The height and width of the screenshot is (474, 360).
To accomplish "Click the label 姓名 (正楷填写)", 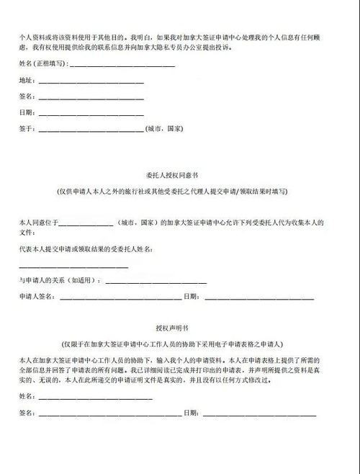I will (40, 64).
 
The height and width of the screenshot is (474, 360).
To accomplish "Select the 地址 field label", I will (25, 80).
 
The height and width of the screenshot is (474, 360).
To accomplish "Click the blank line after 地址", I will (90, 82).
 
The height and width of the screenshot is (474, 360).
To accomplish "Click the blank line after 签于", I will (90, 130).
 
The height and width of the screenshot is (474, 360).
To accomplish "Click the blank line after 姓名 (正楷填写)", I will (120, 66).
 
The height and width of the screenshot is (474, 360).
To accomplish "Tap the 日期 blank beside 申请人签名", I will (259, 298).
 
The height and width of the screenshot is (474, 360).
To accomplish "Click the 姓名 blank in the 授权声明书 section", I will (94, 398).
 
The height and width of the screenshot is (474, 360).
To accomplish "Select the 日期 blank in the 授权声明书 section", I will (259, 415).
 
